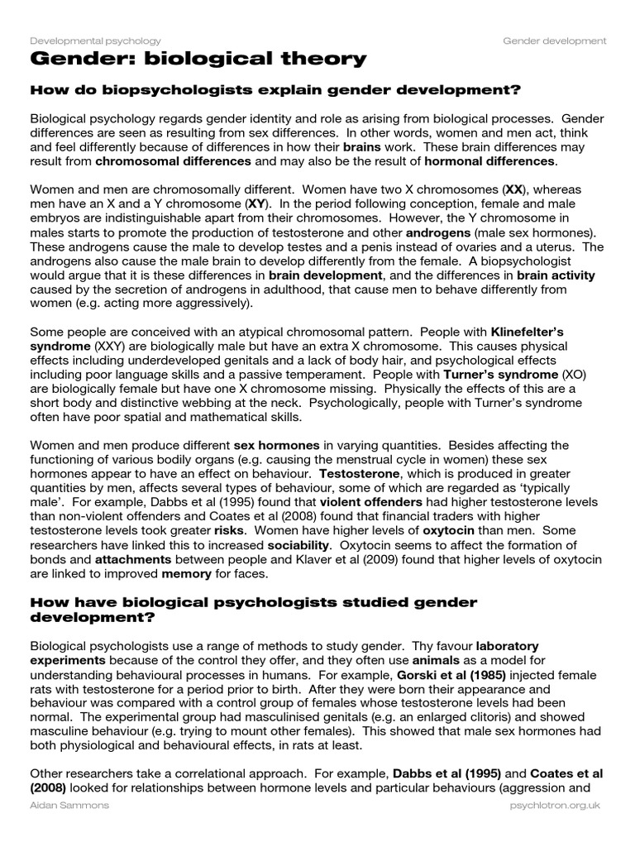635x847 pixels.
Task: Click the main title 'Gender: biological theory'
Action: (198, 59)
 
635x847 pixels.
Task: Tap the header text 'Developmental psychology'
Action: (95, 41)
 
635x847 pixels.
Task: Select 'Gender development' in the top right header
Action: (554, 41)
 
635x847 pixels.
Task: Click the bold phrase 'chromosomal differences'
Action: (174, 160)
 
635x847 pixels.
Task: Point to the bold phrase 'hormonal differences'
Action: (492, 160)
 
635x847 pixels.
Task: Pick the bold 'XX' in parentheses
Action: (515, 189)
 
